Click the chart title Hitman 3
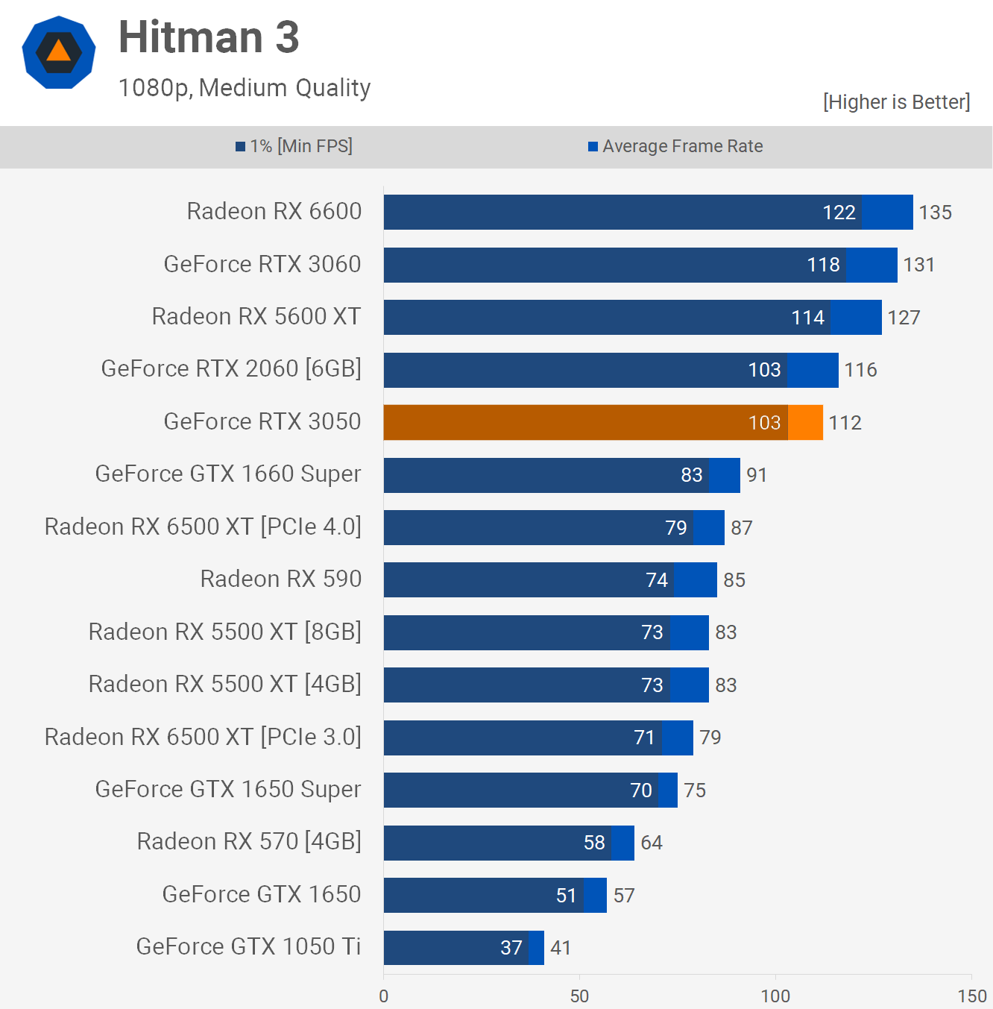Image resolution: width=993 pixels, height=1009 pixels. tap(209, 37)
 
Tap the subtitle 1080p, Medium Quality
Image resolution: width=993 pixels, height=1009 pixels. tap(245, 88)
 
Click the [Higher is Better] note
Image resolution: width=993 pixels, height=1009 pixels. tap(896, 102)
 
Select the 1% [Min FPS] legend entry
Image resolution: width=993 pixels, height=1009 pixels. tap(294, 146)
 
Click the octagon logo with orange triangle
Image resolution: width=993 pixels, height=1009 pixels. tap(59, 52)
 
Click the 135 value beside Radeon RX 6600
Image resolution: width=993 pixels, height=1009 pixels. tap(935, 213)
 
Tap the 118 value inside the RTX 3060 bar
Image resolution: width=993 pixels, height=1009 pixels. tap(823, 265)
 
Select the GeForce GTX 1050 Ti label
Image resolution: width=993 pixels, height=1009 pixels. tap(248, 946)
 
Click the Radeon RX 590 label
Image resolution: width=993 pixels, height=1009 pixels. tap(280, 579)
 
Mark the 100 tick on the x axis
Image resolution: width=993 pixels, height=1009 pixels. tap(775, 996)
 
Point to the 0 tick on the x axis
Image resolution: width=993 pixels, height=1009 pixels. tap(384, 996)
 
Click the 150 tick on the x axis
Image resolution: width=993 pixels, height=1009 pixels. tap(971, 996)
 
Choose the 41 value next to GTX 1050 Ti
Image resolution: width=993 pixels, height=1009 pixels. tap(561, 948)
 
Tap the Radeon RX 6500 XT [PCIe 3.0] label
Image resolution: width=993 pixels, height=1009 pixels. tap(203, 737)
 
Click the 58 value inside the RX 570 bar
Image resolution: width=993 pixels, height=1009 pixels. tap(594, 843)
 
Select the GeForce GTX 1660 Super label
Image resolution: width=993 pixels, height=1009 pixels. tap(228, 474)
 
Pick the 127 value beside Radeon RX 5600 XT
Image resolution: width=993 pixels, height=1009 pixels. tap(904, 318)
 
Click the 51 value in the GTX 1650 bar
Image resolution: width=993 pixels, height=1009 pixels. tap(566, 896)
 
